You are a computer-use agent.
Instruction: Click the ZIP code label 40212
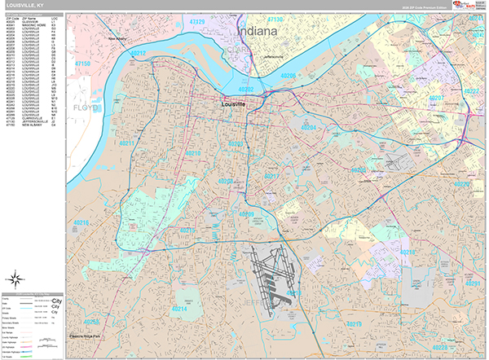(x=138, y=54)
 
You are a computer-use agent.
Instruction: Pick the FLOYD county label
(x=84, y=107)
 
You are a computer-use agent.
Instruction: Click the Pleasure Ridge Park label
(x=84, y=336)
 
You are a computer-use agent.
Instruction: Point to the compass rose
(x=17, y=276)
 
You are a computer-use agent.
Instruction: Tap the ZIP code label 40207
(x=436, y=99)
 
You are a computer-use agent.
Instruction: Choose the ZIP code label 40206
(x=289, y=75)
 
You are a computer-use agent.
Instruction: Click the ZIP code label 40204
(x=308, y=128)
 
